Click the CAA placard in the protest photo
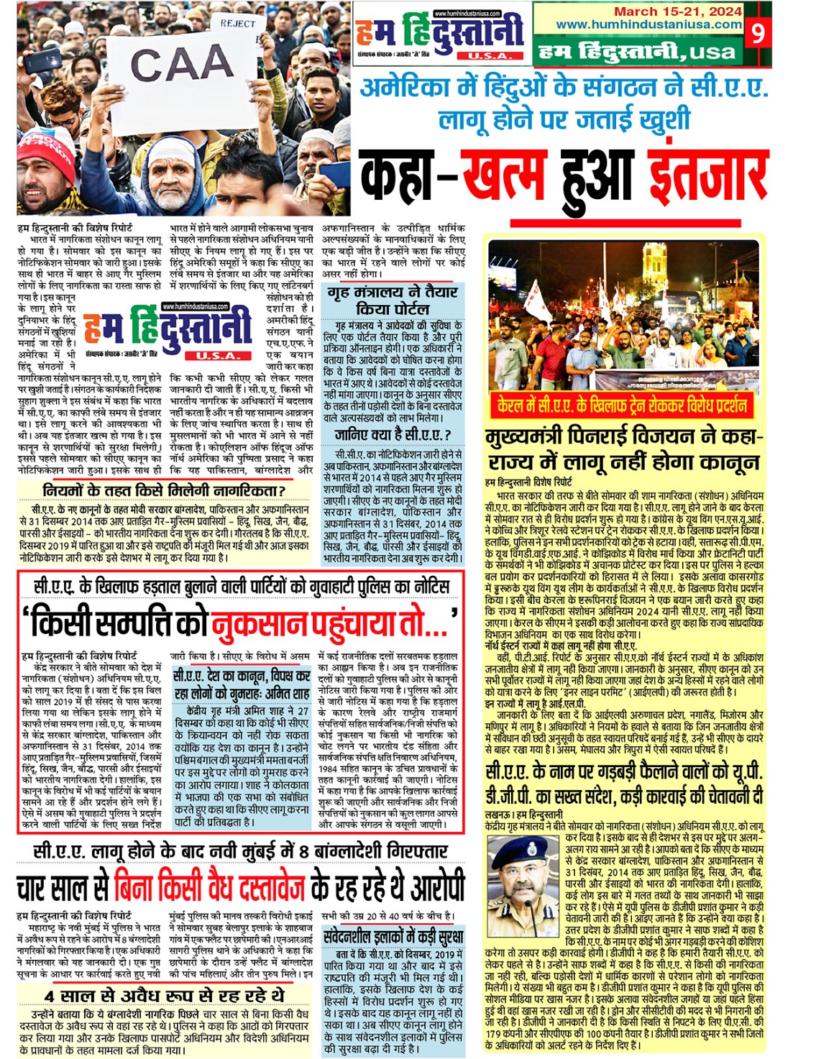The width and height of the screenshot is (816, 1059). [180, 65]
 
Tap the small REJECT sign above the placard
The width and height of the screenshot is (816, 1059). [238, 23]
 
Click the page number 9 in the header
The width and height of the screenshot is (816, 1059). [758, 32]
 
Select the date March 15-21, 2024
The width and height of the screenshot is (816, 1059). [668, 12]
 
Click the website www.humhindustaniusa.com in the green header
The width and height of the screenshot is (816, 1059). [648, 24]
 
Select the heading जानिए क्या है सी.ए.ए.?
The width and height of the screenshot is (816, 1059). [393, 434]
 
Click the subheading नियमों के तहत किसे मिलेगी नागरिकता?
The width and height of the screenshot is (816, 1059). [164, 490]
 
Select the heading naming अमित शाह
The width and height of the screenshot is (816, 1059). [242, 684]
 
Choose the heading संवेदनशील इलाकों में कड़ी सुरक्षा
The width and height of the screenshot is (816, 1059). [393, 937]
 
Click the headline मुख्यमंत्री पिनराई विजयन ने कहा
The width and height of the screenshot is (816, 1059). [623, 438]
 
